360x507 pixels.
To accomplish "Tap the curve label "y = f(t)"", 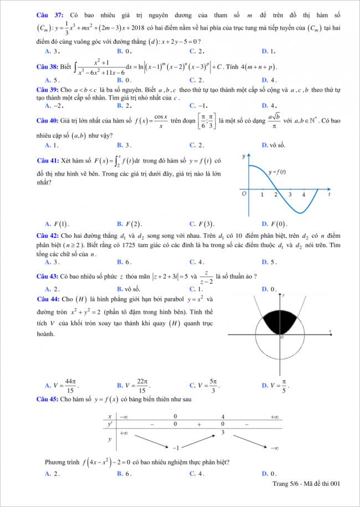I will (x=277, y=172).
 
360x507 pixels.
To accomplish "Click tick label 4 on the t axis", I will (x=304, y=195).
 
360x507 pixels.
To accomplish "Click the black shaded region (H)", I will (x=281, y=320).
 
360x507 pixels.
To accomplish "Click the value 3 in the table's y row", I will (x=223, y=432).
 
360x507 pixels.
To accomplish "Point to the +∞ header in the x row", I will (x=274, y=416).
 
